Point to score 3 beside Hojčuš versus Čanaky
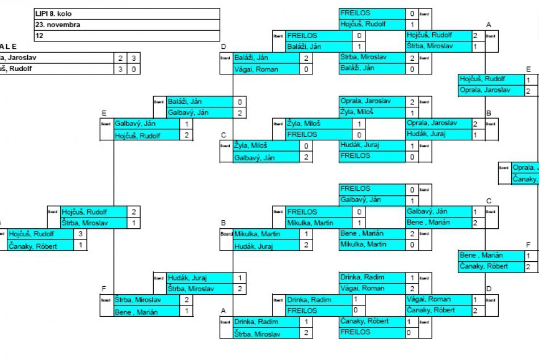(x=81, y=233)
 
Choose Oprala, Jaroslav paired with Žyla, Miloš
(x=365, y=101)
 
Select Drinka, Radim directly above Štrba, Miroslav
(x=256, y=322)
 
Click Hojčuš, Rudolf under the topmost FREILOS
(x=363, y=24)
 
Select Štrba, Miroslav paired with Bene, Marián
(x=138, y=300)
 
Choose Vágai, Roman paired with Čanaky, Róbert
(x=429, y=299)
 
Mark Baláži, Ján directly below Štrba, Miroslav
(x=357, y=68)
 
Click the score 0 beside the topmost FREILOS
(x=412, y=13)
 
